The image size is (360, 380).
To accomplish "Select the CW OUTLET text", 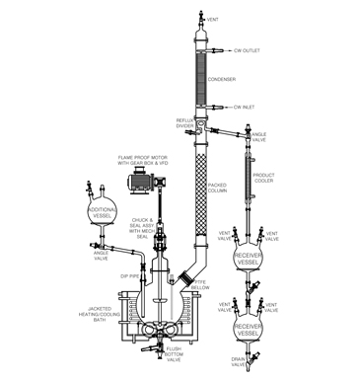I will (x=248, y=49).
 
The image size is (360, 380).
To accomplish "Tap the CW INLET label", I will (x=246, y=107).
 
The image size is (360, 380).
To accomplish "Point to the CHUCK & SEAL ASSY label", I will (x=145, y=225).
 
